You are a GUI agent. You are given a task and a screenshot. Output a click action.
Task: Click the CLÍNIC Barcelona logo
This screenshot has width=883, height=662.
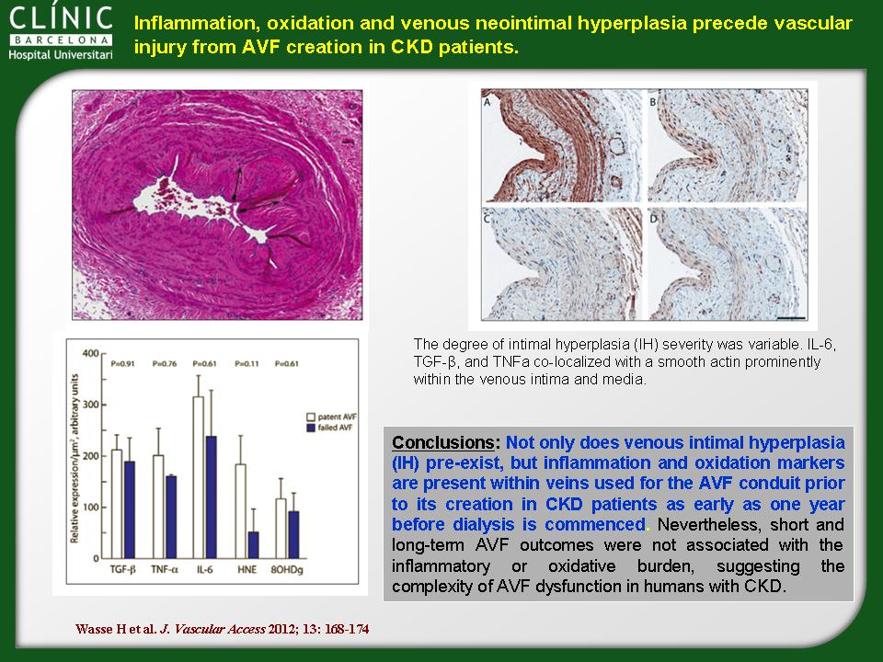[61, 32]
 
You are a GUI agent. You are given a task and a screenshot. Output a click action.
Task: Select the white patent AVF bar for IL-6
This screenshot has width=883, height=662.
[199, 477]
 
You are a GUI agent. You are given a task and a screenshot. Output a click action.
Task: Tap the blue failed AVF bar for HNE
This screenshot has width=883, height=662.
[254, 545]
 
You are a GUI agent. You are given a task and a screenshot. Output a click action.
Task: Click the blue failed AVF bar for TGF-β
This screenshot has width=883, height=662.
[130, 509]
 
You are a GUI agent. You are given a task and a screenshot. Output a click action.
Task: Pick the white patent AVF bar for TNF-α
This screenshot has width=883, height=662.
[158, 507]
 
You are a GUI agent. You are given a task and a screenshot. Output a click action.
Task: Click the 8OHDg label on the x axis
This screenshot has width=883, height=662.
[287, 570]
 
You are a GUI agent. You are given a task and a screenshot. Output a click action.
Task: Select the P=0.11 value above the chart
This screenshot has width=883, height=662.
[247, 364]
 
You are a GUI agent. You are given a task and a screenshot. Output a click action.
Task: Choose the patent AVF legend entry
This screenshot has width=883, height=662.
[331, 417]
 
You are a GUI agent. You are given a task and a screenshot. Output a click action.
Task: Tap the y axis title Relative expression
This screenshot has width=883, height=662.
[75, 459]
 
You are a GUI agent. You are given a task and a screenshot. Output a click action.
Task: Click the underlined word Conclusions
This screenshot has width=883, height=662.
[443, 442]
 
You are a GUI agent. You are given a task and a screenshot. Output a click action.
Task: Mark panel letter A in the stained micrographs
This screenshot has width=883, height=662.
[487, 102]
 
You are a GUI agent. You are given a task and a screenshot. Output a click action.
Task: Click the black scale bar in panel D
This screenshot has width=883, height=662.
[791, 317]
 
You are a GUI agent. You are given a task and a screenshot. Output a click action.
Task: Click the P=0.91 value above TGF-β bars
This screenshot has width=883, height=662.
[122, 364]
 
